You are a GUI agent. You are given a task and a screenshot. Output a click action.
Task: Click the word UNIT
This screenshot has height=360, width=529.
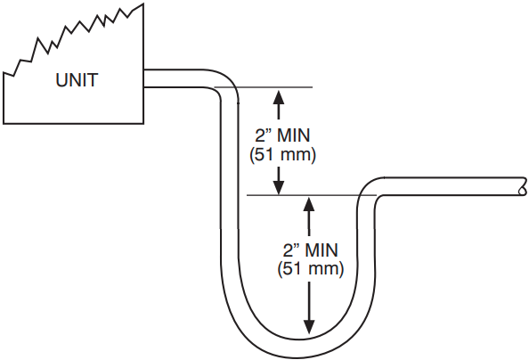tap(77, 80)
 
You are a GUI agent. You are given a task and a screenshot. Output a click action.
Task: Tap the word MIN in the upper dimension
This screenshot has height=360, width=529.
tap(293, 135)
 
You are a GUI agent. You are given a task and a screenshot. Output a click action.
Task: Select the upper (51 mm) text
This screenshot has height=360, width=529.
tap(282, 155)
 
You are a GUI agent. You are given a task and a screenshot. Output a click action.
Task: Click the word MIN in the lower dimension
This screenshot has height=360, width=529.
tap(321, 250)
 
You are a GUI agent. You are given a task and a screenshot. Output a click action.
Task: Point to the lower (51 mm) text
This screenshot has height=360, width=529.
tap(311, 269)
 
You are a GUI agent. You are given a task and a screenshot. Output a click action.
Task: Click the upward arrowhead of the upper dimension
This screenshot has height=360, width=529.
tap(279, 96)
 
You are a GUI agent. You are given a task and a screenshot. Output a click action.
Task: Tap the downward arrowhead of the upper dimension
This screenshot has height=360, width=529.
tap(279, 187)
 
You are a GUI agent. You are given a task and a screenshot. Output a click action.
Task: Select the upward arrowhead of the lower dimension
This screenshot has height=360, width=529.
tap(309, 204)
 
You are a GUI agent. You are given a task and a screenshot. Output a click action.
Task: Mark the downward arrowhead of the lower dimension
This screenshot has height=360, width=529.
tap(309, 326)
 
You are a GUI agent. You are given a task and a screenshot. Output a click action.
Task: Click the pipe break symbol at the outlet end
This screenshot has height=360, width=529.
tap(523, 186)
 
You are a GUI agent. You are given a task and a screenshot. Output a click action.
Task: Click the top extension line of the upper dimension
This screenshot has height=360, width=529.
tap(264, 87)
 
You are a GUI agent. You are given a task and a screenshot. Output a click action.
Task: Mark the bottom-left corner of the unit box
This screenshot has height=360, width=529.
tap(4, 124)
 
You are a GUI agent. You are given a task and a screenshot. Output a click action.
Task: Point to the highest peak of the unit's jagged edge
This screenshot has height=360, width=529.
tap(143, 4)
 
